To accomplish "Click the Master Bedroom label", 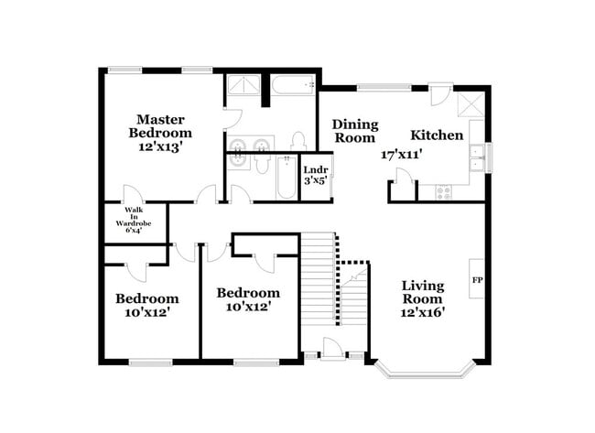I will (x=163, y=125).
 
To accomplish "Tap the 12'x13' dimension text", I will (x=163, y=146).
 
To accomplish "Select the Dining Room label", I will (x=353, y=131).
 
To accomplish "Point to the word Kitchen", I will (x=436, y=135).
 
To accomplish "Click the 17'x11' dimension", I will (x=401, y=155).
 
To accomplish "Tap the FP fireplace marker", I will (x=476, y=279).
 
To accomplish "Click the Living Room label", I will (x=423, y=292).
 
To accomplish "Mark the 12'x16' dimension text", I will (x=423, y=312).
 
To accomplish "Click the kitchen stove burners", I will (x=444, y=192).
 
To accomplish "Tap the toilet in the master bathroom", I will (x=297, y=140).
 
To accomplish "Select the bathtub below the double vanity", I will (x=282, y=176).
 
